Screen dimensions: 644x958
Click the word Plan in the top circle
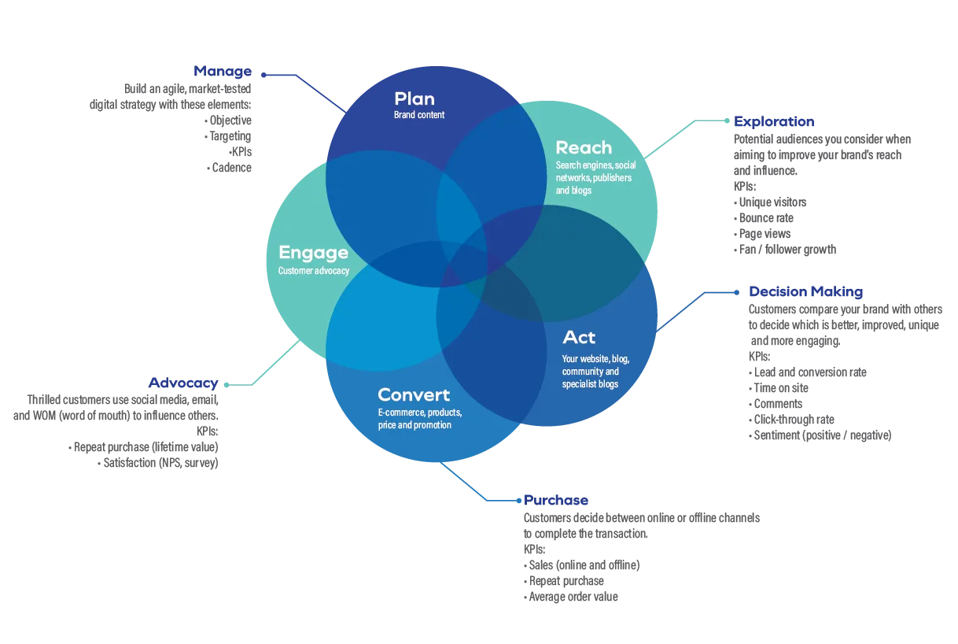pyautogui.click(x=414, y=99)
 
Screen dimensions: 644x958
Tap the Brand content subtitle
pyautogui.click(x=419, y=115)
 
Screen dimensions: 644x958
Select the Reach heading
pyautogui.click(x=583, y=147)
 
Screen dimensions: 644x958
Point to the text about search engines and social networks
pyautogui.click(x=595, y=178)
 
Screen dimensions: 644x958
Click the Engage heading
pyautogui.click(x=313, y=253)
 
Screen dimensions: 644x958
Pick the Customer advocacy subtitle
pyautogui.click(x=313, y=271)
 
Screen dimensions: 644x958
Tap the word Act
pyautogui.click(x=579, y=338)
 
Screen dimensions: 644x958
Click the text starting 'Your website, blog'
pyautogui.click(x=595, y=372)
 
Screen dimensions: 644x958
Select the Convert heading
pyautogui.click(x=414, y=394)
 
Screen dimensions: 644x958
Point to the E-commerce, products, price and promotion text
pyautogui.click(x=419, y=419)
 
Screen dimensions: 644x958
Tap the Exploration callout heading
pyautogui.click(x=773, y=122)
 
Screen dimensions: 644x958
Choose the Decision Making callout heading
pyautogui.click(x=806, y=291)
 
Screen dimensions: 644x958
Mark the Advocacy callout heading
pyautogui.click(x=182, y=383)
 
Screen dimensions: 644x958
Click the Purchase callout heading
pyautogui.click(x=556, y=501)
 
